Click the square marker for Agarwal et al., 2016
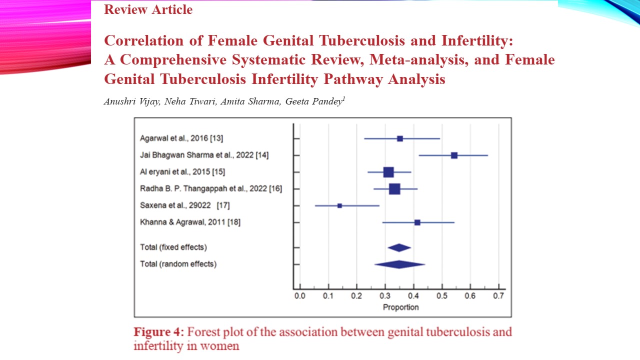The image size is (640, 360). (400, 138)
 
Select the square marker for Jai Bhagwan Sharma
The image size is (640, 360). (454, 155)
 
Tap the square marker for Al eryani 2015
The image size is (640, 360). (388, 172)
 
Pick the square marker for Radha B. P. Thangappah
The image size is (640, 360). (394, 189)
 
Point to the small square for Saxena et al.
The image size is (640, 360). (339, 205)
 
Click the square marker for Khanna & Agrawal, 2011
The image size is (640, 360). (417, 222)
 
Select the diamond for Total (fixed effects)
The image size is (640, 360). (399, 247)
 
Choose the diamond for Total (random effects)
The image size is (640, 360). (399, 264)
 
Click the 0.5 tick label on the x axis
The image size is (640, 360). (441, 296)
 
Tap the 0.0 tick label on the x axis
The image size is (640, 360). (299, 296)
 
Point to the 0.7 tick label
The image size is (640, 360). (498, 296)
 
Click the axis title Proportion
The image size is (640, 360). (400, 307)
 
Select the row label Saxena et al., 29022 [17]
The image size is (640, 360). (185, 205)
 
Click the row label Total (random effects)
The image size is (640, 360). (178, 264)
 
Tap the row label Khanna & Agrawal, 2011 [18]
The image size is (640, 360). (190, 222)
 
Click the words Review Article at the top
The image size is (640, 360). (148, 9)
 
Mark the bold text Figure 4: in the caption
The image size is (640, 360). (158, 332)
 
